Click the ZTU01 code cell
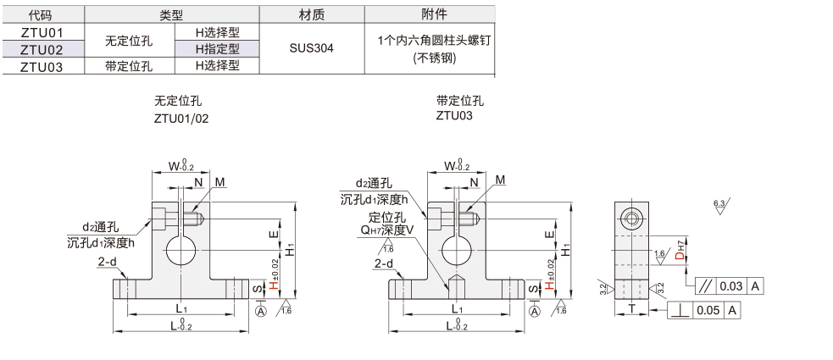click(42, 31)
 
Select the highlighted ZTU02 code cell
click(42, 48)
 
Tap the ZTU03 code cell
click(42, 65)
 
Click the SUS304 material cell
click(311, 48)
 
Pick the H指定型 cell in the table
click(217, 48)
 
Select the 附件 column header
click(434, 14)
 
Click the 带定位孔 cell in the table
click(129, 65)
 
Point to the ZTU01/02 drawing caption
click(180, 119)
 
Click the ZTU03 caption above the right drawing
click(453, 117)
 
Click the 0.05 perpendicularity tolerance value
click(708, 311)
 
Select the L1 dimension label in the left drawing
click(181, 307)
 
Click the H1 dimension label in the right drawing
click(565, 251)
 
